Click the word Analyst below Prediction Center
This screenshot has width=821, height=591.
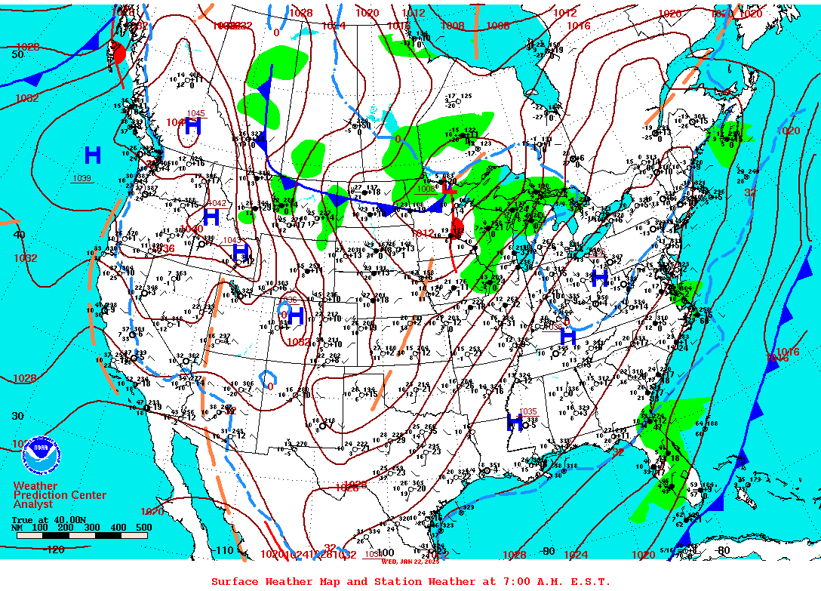pos(33,504)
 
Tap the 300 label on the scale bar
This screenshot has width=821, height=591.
pos(94,527)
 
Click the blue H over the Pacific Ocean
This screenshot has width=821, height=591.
pos(93,155)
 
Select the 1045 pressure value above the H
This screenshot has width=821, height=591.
pos(195,114)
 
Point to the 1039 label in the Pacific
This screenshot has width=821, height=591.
pos(81,178)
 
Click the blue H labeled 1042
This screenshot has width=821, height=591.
pos(211,217)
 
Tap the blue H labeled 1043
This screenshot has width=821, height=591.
pos(241,253)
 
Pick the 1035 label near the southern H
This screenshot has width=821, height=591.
pos(528,411)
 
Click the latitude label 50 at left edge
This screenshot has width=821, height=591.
pos(17,54)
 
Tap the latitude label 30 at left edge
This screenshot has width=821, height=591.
pos(17,416)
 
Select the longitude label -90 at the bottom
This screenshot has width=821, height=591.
pos(549,552)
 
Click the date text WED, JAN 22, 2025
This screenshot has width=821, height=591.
pos(410,561)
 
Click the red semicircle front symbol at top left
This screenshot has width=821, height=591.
pos(118,52)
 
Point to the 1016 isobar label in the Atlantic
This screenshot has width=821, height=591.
pos(789,352)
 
